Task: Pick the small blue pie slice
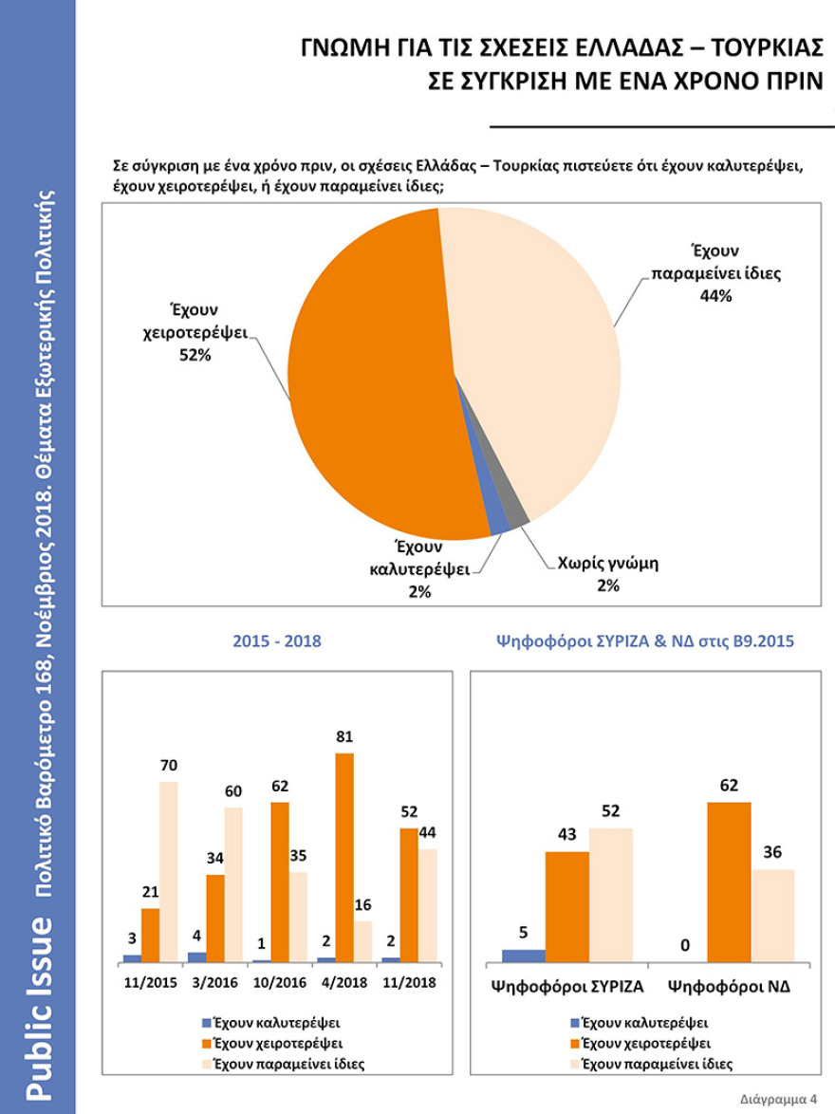tap(497, 519)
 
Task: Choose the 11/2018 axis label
tap(409, 983)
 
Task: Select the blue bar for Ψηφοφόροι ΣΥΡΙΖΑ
tap(523, 955)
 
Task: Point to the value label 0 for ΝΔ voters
tap(684, 946)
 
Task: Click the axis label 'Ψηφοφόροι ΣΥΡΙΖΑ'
tap(566, 986)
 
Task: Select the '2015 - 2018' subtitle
tap(277, 641)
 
